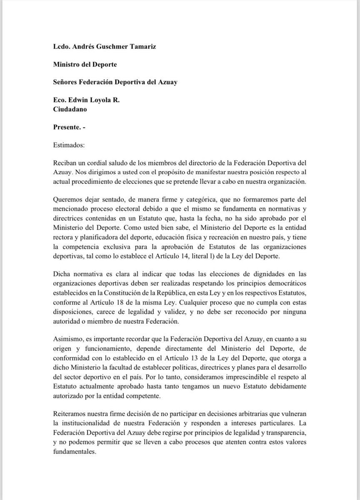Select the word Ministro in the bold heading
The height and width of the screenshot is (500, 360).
click(67, 64)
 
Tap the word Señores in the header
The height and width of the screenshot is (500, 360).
click(67, 82)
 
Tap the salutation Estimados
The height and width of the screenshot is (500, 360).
click(69, 145)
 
